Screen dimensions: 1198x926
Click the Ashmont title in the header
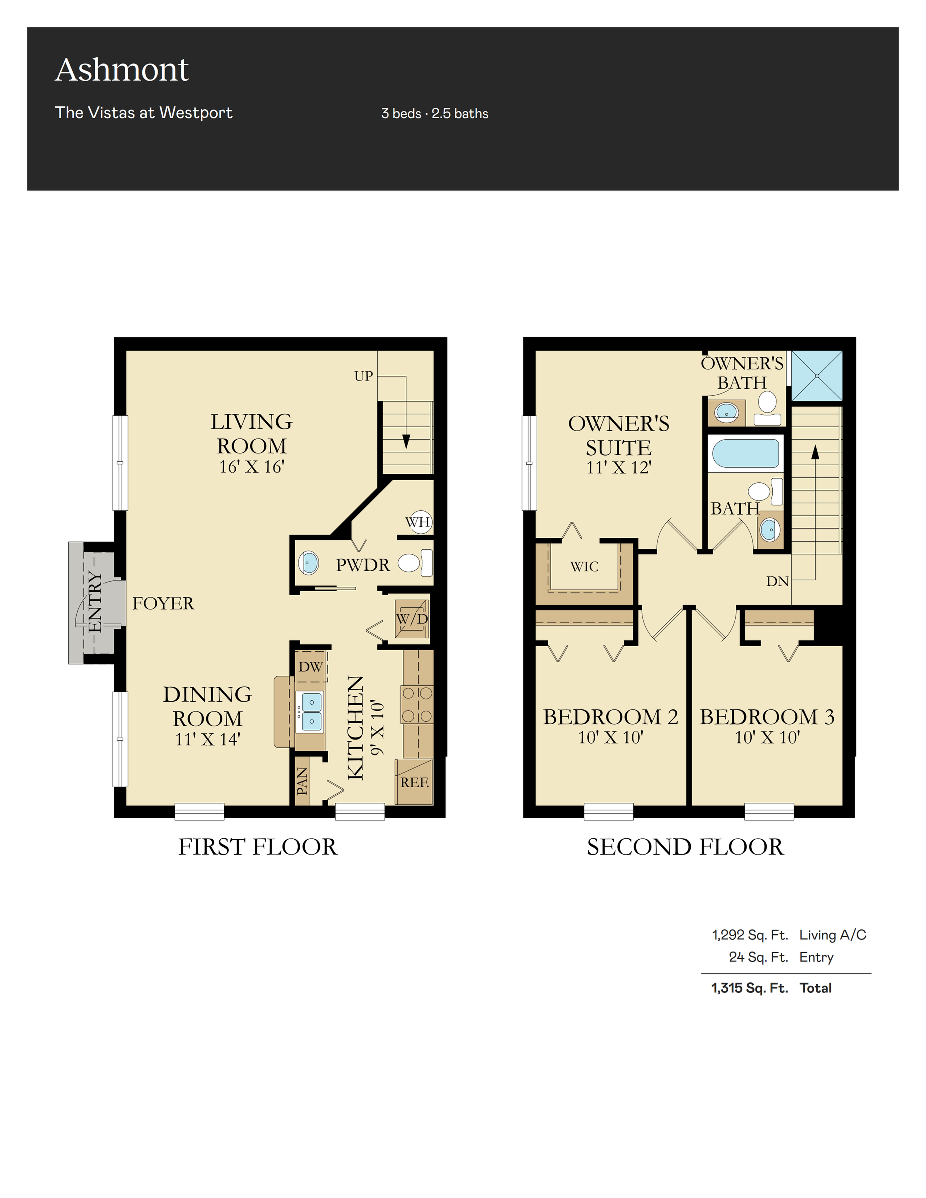point(122,70)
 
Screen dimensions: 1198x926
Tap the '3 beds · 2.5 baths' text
point(434,114)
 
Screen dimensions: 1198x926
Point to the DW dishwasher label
point(310,667)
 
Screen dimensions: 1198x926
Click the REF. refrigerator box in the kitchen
point(414,782)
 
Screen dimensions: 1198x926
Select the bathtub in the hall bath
point(745,453)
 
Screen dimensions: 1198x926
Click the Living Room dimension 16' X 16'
point(251,467)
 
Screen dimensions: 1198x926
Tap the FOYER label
point(163,603)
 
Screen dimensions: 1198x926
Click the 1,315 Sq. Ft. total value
point(750,988)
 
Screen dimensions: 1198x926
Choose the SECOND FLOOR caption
point(685,847)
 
